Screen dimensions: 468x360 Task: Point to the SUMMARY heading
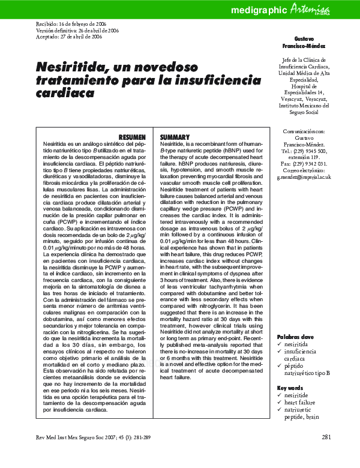point(175,137)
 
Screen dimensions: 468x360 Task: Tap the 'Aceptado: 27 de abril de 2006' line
point(70,36)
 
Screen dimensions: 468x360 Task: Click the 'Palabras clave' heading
point(295,337)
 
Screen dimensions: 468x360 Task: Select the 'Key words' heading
point(290,388)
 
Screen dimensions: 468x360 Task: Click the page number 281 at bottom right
point(326,436)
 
